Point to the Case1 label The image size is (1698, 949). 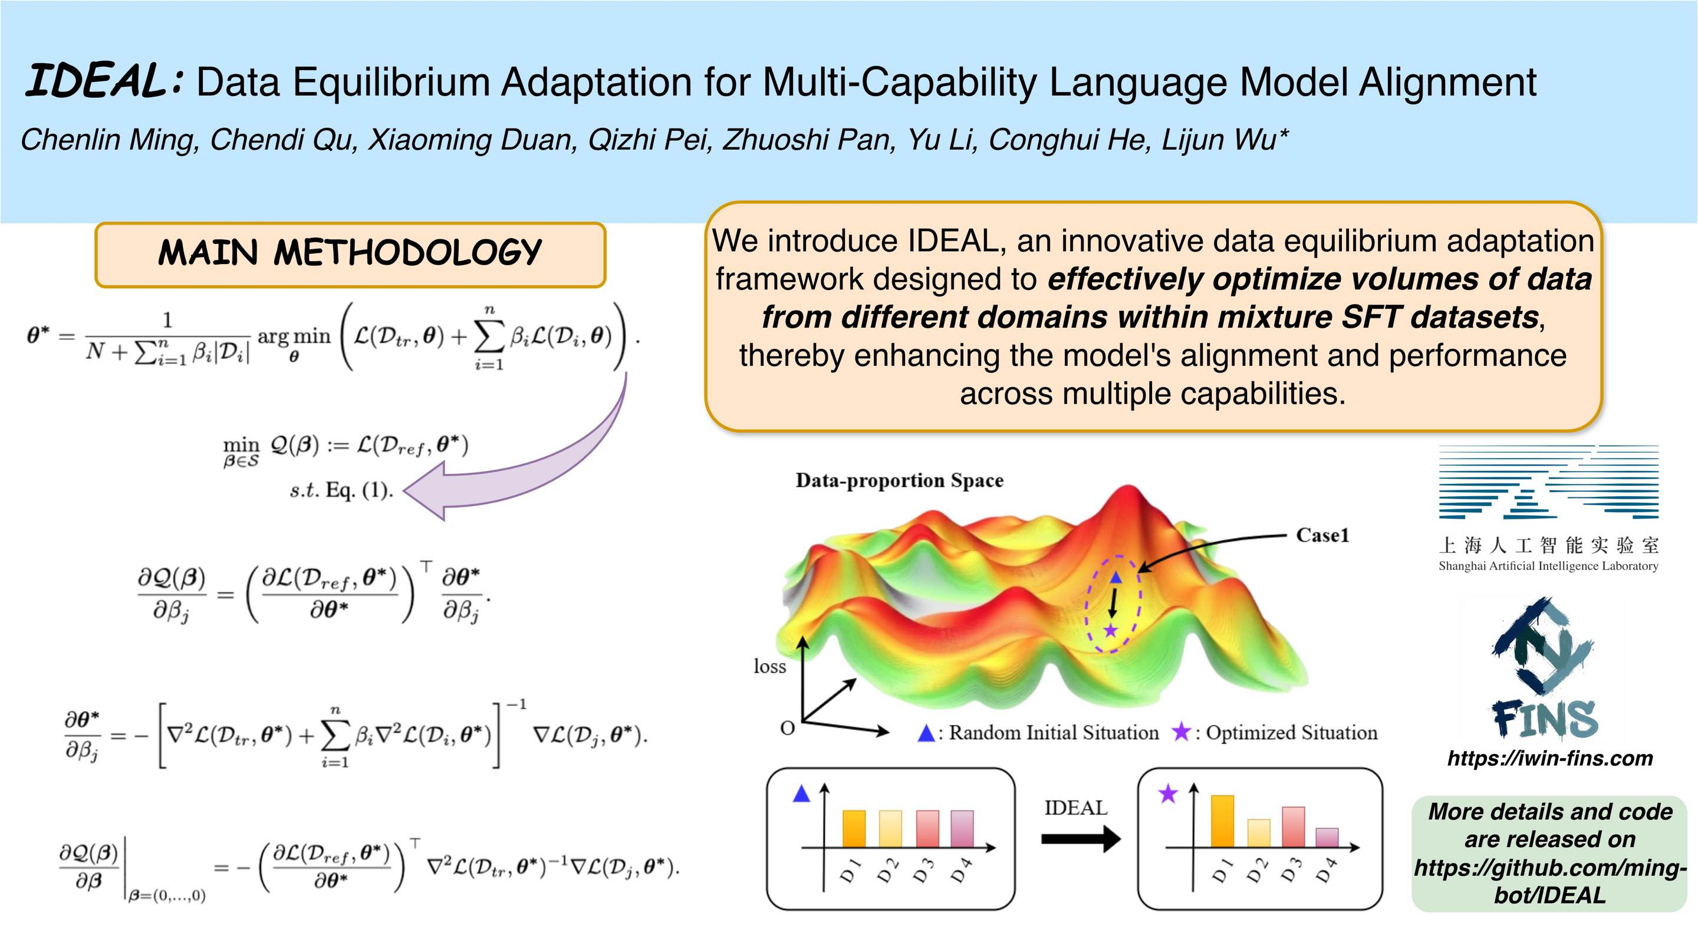pyautogui.click(x=1322, y=535)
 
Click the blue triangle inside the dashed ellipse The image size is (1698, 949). pyautogui.click(x=1115, y=577)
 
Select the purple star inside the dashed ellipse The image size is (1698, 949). pyautogui.click(x=1111, y=631)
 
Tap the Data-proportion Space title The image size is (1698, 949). pyautogui.click(x=899, y=480)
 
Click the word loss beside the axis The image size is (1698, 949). pyautogui.click(x=770, y=666)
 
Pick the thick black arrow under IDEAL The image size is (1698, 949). pyautogui.click(x=1080, y=839)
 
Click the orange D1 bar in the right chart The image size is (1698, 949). pyautogui.click(x=1222, y=821)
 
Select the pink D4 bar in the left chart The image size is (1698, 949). pyautogui.click(x=962, y=828)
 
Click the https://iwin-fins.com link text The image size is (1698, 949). pyautogui.click(x=1549, y=759)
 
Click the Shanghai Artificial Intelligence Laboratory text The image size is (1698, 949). pyautogui.click(x=1548, y=566)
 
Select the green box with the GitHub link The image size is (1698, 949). pyautogui.click(x=1549, y=854)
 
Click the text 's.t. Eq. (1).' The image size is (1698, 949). pyautogui.click(x=341, y=490)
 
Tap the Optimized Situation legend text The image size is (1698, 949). pyautogui.click(x=1291, y=733)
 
